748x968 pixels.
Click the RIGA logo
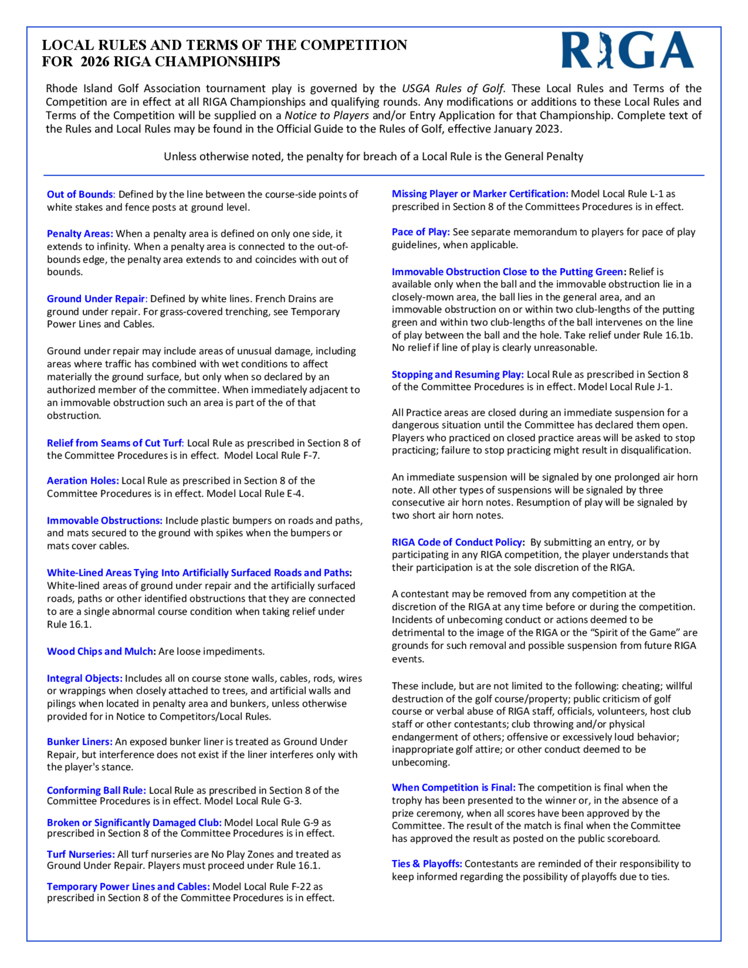(628, 50)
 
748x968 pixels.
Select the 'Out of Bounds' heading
(80, 194)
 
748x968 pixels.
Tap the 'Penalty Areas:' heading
(80, 233)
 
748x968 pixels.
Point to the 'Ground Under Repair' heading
(96, 299)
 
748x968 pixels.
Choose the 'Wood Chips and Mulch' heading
(101, 651)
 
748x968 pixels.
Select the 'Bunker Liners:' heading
(80, 741)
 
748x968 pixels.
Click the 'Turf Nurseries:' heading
(81, 854)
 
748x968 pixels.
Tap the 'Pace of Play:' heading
(420, 232)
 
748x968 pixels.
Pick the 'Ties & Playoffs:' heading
(427, 863)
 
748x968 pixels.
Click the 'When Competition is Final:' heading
(453, 787)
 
